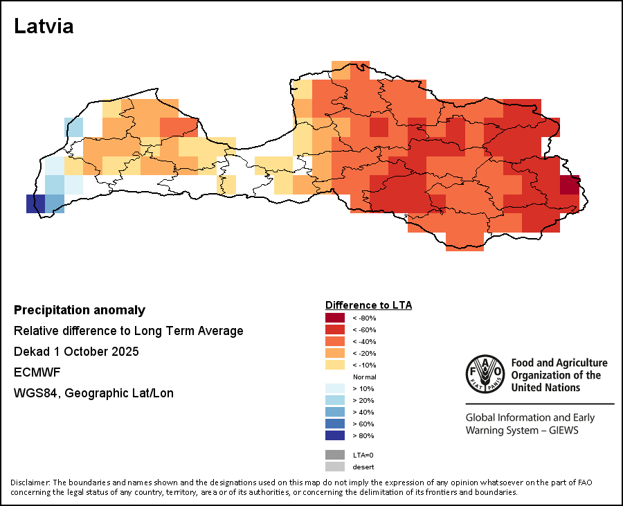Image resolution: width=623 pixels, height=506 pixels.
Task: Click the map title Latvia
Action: [44, 26]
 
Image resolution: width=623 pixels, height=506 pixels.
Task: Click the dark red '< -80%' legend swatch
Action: [335, 318]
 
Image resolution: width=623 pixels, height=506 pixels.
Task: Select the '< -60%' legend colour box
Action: [335, 329]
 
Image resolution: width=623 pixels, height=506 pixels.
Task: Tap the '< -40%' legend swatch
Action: [335, 341]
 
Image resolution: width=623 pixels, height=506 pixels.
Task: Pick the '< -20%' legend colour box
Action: [335, 353]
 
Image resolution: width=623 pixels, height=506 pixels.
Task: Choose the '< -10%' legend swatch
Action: [335, 365]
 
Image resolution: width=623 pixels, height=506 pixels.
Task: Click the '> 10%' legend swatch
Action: [335, 388]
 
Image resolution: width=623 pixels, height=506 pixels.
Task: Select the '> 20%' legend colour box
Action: [335, 400]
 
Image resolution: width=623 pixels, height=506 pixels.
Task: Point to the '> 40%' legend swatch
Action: [335, 412]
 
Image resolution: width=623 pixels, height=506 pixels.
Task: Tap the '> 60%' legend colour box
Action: [335, 424]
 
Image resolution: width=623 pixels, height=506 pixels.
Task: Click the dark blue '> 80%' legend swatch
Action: [335, 435]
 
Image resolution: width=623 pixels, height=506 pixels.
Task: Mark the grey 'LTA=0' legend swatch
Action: [335, 455]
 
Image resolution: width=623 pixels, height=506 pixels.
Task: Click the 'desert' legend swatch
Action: [335, 467]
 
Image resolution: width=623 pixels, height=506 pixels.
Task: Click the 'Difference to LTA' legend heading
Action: [368, 305]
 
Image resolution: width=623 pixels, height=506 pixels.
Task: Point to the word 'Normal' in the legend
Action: [364, 377]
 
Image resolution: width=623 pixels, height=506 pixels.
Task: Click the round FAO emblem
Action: [485, 374]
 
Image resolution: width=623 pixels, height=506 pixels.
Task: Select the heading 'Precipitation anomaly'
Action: [80, 310]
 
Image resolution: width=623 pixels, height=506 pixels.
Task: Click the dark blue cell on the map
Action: [35, 204]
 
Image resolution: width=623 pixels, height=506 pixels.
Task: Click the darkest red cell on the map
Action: [570, 186]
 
